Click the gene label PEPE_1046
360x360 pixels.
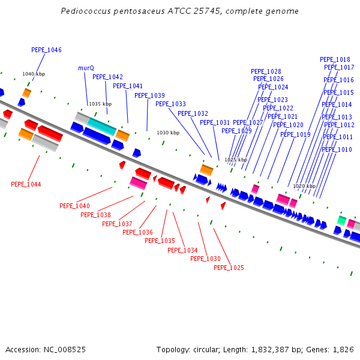(46, 50)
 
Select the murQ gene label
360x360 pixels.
(86, 68)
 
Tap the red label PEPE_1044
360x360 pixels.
(26, 184)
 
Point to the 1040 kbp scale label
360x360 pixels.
(34, 74)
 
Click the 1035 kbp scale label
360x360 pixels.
(100, 104)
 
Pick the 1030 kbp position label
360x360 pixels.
(168, 133)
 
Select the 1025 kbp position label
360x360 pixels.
(236, 160)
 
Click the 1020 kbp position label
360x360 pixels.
(304, 186)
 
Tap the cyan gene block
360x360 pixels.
(102, 126)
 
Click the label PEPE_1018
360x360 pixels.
(335, 60)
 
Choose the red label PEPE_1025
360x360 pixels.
(229, 268)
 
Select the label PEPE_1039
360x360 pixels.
(149, 95)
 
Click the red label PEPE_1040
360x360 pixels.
(74, 206)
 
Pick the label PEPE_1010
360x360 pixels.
(337, 149)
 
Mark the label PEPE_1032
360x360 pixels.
(193, 113)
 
